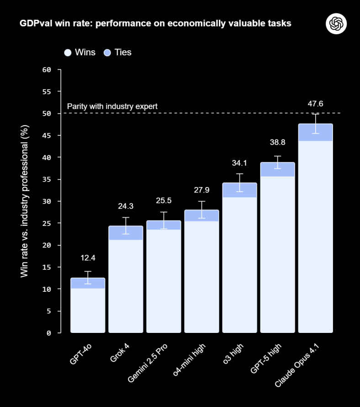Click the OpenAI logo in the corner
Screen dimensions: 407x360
(336, 23)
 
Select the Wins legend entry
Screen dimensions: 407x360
(80, 53)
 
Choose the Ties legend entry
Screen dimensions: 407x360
(117, 53)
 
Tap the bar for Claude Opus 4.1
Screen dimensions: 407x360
(315, 229)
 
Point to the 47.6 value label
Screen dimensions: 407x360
(315, 104)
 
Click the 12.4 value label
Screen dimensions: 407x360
(88, 258)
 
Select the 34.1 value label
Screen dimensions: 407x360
(239, 163)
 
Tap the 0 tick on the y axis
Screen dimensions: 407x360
(48, 333)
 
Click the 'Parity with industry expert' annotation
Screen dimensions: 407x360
(112, 107)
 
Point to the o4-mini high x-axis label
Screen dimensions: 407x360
(189, 364)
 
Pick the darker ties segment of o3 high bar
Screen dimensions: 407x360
(239, 190)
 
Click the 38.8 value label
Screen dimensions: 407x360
(277, 142)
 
